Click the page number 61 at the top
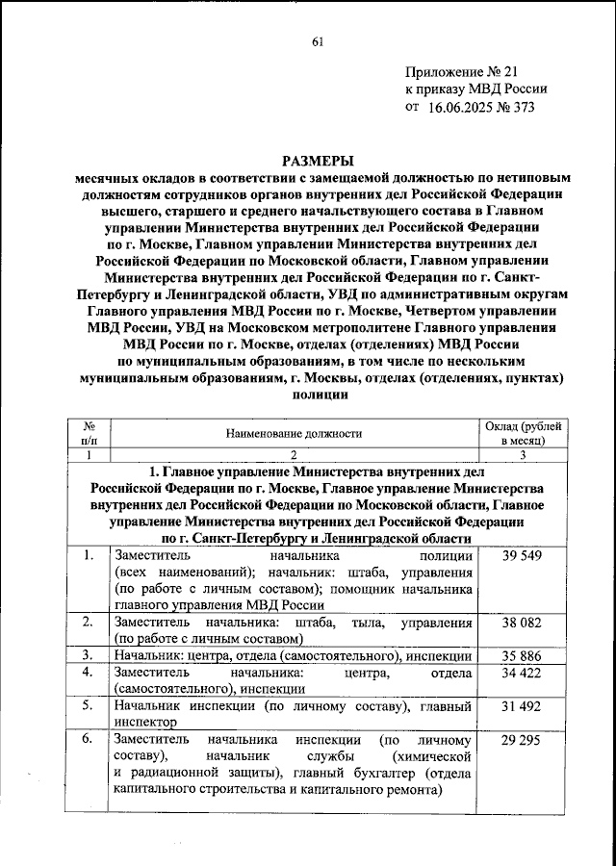pyautogui.click(x=317, y=41)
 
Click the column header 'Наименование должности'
pyautogui.click(x=293, y=433)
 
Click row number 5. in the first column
pyautogui.click(x=88, y=706)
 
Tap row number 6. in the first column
pyautogui.click(x=88, y=740)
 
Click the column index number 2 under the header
pyautogui.click(x=293, y=455)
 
